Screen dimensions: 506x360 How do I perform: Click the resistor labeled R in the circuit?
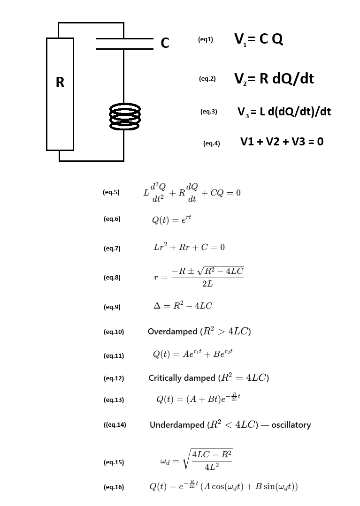pyautogui.click(x=60, y=94)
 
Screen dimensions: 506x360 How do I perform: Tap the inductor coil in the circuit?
pyautogui.click(x=124, y=117)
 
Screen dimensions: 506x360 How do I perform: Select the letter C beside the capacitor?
pyautogui.click(x=165, y=43)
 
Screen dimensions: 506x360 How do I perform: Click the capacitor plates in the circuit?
pyautogui.click(x=124, y=43)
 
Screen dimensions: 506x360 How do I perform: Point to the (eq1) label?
pyautogui.click(x=206, y=40)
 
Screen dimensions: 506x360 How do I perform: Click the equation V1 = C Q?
pyautogui.click(x=259, y=40)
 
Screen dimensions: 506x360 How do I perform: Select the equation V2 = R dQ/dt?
pyautogui.click(x=274, y=78)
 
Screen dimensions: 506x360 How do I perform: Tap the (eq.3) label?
pyautogui.click(x=208, y=112)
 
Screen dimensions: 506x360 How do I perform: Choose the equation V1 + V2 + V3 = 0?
pyautogui.click(x=282, y=141)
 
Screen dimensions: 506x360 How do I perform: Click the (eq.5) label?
pyautogui.click(x=111, y=192)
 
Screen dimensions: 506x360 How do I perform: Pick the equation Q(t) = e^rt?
pyautogui.click(x=171, y=219)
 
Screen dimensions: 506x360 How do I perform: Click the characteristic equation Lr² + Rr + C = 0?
pyautogui.click(x=189, y=247)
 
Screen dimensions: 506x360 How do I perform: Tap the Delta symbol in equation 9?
pyautogui.click(x=157, y=306)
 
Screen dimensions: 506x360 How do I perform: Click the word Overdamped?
pyautogui.click(x=172, y=332)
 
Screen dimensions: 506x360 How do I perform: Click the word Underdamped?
pyautogui.click(x=177, y=425)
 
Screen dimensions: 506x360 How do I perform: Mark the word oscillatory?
pyautogui.click(x=291, y=425)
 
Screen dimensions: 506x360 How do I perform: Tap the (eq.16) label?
pyautogui.click(x=114, y=487)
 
